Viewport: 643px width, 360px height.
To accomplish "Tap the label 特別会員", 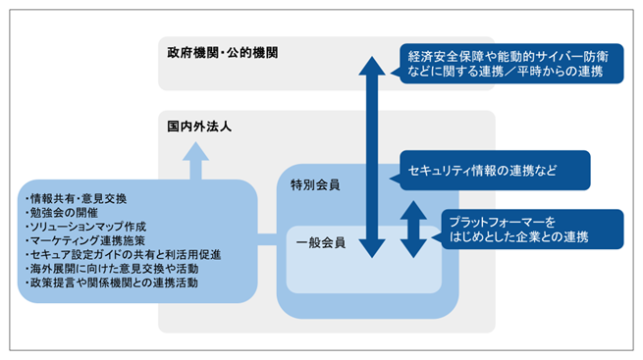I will click(x=315, y=183).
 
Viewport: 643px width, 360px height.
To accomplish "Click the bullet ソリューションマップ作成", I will click(x=82, y=227).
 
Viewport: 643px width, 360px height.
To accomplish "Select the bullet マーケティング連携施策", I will click(x=83, y=240).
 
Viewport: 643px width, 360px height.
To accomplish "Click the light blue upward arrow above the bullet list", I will click(x=196, y=159).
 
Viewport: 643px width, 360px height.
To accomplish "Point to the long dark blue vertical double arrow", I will click(x=371, y=157).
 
